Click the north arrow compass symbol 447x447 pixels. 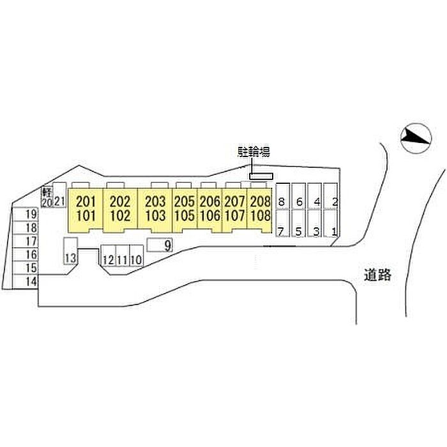[x=416, y=139]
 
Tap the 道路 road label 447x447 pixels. [x=378, y=275]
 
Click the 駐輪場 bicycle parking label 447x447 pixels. [x=254, y=152]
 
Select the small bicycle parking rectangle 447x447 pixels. [x=261, y=176]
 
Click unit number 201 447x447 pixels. [x=86, y=202]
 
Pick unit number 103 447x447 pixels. [x=156, y=216]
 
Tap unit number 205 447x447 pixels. [x=185, y=202]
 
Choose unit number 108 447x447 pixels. [x=261, y=216]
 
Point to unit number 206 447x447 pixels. [x=210, y=202]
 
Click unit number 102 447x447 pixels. [x=120, y=216]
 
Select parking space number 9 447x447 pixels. [x=168, y=245]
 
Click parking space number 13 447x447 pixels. [x=70, y=259]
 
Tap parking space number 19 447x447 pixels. [x=32, y=214]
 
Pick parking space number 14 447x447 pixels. [x=32, y=282]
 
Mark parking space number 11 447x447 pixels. [x=123, y=260]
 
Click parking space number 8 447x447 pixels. [x=282, y=202]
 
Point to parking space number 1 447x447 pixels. [x=335, y=232]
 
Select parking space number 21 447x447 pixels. [x=60, y=202]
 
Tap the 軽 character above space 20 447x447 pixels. [x=47, y=192]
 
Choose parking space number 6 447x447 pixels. [x=299, y=202]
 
